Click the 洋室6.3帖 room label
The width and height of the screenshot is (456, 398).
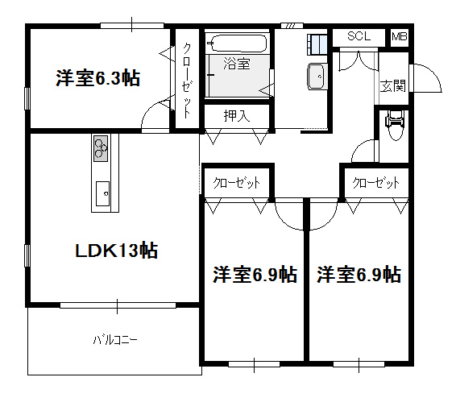(98, 78)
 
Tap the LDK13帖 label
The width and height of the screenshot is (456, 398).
(117, 251)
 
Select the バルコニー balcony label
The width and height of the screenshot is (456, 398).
(115, 339)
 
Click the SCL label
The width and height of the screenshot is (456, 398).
(359, 36)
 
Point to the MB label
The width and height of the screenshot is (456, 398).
(400, 36)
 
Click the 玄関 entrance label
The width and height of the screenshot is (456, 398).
(392, 85)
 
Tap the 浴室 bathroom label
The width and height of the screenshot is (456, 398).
(237, 64)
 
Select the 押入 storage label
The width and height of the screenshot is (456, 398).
(237, 116)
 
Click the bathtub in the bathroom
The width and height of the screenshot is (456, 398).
(238, 44)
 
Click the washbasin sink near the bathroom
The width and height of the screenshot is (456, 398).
(317, 77)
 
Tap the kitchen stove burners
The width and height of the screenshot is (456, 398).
(101, 148)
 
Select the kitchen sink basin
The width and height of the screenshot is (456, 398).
(102, 193)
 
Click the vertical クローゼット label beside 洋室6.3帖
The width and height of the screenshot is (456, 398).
(187, 81)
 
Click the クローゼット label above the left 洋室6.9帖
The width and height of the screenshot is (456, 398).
(236, 183)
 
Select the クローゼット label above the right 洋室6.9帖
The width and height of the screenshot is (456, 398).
(375, 183)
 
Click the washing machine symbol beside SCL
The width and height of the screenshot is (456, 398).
(317, 44)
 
